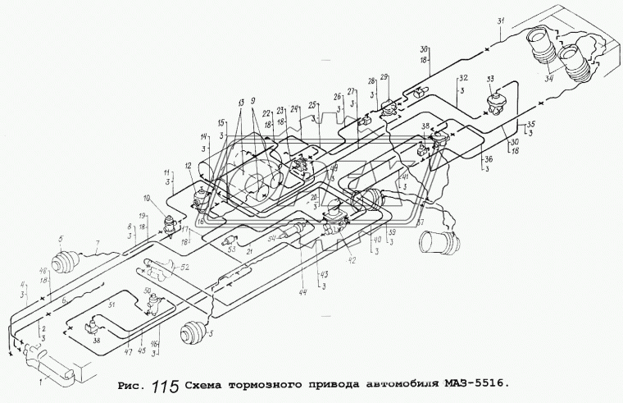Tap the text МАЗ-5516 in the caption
tap(472, 383)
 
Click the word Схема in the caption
tap(209, 383)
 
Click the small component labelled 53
tap(229, 240)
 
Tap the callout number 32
tap(463, 78)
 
